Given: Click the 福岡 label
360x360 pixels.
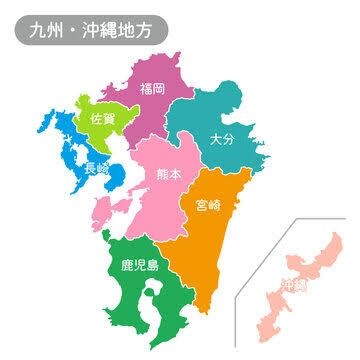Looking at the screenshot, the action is [x=153, y=88].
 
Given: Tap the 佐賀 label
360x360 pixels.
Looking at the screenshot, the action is [x=102, y=118].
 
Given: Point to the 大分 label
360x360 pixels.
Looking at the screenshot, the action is [x=223, y=140].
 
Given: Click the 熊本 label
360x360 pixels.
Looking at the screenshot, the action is [x=170, y=175].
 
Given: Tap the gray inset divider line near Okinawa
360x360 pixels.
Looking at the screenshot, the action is [x=259, y=267].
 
